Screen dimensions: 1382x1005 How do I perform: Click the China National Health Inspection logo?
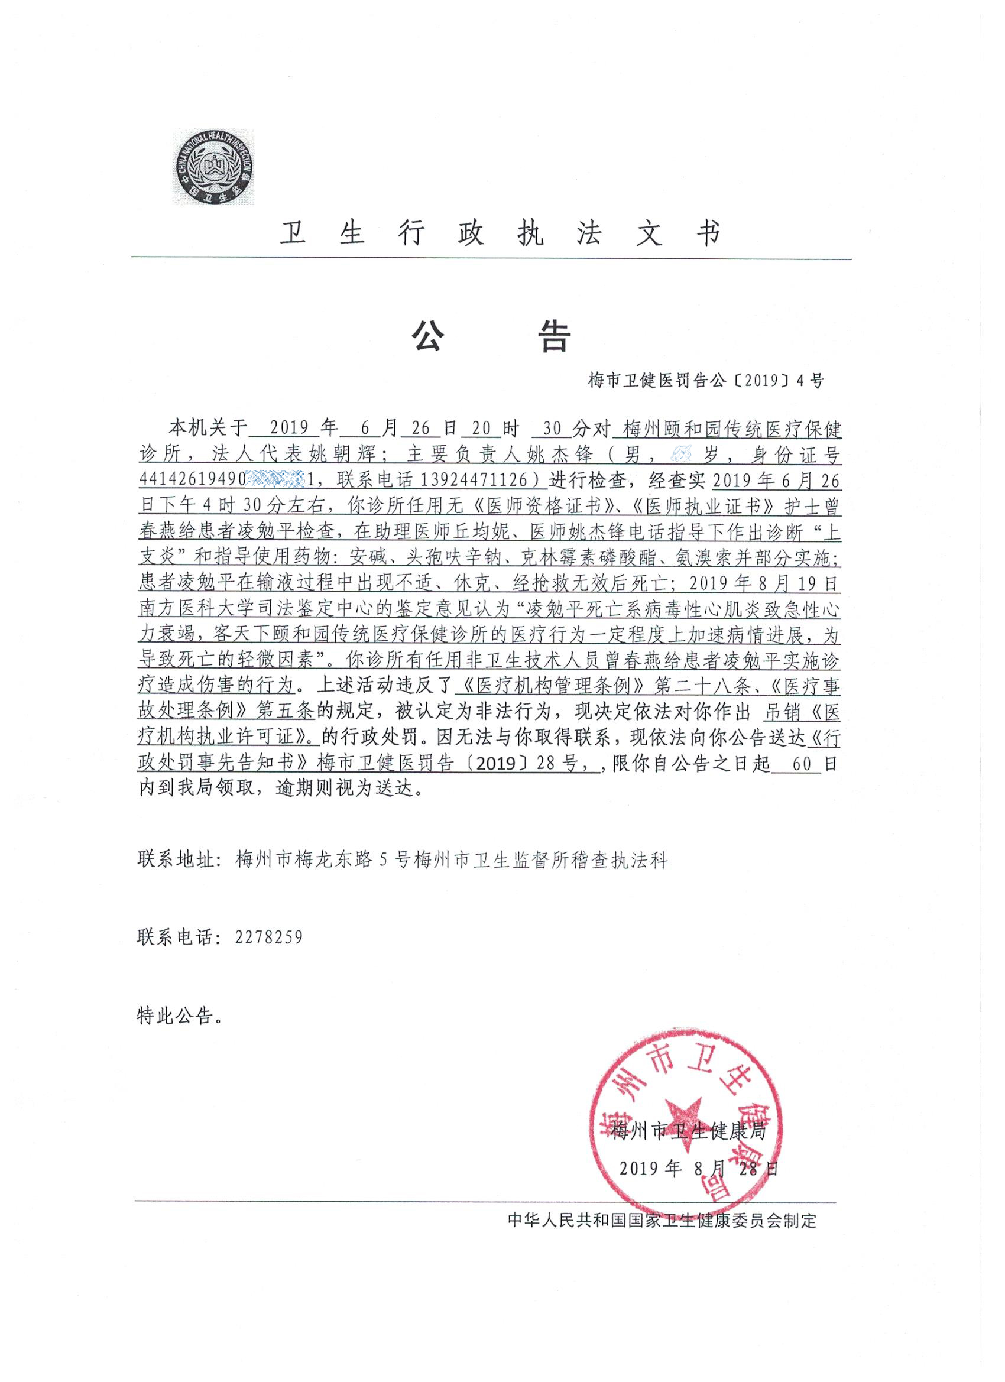click(x=216, y=167)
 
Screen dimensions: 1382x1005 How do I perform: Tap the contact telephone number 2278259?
click(x=269, y=937)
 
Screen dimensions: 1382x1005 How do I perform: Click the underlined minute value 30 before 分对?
click(x=551, y=430)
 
